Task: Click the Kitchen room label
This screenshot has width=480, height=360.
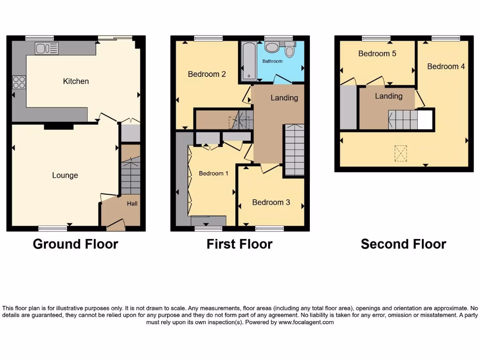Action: point(76,81)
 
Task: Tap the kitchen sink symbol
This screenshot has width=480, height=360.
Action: point(46,48)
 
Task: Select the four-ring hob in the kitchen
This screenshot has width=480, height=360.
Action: point(19,82)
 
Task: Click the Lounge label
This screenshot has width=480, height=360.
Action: point(65,175)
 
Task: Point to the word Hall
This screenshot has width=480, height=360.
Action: point(132,204)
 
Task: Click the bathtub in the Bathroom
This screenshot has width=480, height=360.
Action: point(247,61)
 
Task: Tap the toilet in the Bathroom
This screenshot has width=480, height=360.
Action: point(290,50)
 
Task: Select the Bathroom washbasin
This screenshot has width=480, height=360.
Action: point(271,46)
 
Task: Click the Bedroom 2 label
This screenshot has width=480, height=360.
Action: point(207,74)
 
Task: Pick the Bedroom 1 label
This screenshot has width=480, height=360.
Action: point(213,173)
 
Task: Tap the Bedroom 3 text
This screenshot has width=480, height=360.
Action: point(271,202)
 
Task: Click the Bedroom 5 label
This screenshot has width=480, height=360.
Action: point(377,53)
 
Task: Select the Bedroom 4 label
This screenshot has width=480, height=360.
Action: point(446,67)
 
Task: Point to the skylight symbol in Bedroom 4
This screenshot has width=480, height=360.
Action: point(400,153)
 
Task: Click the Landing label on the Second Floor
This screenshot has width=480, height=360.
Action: point(389,96)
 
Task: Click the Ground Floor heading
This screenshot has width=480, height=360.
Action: point(75,244)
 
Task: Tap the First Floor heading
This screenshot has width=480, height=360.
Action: point(240,244)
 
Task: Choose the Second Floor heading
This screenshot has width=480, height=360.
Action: point(403,244)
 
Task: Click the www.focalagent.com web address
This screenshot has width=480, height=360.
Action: point(306,322)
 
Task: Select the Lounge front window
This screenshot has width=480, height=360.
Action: point(52,228)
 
